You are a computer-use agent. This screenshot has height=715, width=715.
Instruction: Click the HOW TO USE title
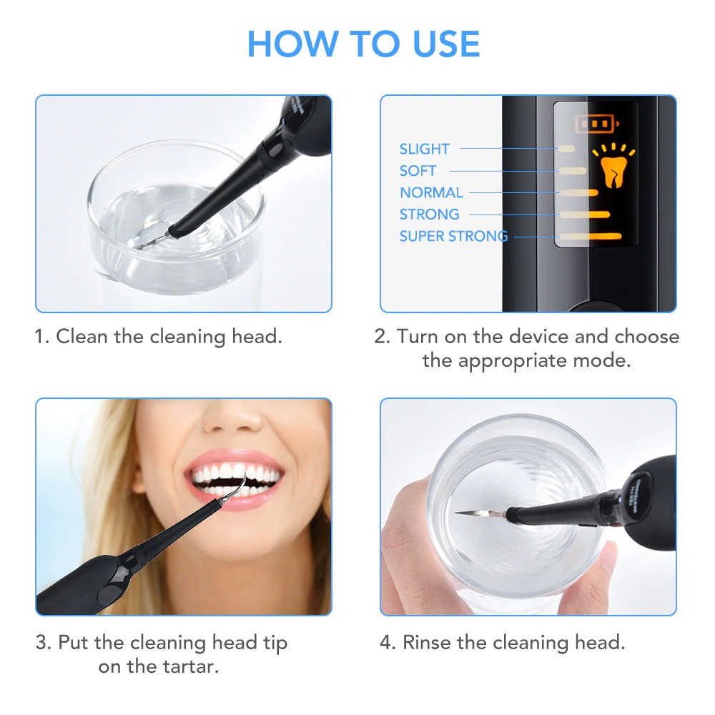(x=363, y=44)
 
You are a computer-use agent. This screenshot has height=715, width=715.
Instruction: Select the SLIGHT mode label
(x=424, y=149)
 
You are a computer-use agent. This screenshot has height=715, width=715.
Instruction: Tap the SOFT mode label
(x=418, y=171)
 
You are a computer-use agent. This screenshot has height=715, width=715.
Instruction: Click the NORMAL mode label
(x=431, y=192)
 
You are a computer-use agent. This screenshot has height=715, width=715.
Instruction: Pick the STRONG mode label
(x=429, y=214)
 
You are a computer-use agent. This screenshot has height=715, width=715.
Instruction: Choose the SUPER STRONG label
(x=453, y=236)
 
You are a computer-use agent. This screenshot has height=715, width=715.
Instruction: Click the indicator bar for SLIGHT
(x=566, y=148)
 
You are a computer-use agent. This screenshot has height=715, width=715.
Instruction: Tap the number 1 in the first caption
(x=41, y=336)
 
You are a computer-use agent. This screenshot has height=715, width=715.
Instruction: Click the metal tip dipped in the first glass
(x=152, y=241)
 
